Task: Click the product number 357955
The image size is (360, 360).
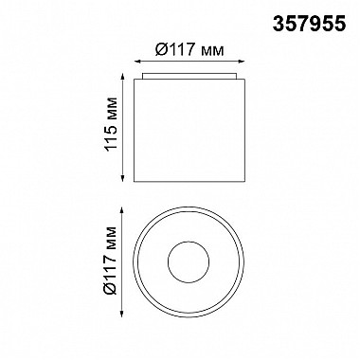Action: tap(309, 24)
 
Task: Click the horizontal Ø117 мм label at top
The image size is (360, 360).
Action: tap(189, 50)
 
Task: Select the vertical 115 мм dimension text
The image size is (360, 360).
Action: tap(112, 124)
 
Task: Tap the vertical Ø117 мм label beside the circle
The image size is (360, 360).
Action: tap(112, 261)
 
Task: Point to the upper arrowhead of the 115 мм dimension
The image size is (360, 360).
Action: tap(122, 76)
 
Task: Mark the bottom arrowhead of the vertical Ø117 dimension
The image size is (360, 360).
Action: tap(122, 313)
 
